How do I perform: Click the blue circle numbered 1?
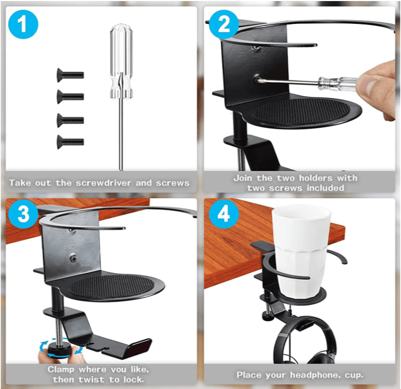pos(23,24)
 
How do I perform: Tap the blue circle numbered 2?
pos(224,24)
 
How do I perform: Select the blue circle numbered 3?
pos(23,214)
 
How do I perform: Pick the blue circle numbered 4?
pos(224,214)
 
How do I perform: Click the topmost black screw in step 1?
pos(70,75)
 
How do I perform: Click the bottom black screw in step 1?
pos(70,142)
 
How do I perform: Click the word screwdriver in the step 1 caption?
pos(104,183)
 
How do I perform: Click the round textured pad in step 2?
pos(301,112)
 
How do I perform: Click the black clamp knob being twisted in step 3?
pos(57,349)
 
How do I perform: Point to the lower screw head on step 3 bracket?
pos(74,259)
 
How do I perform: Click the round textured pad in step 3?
pos(112,288)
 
